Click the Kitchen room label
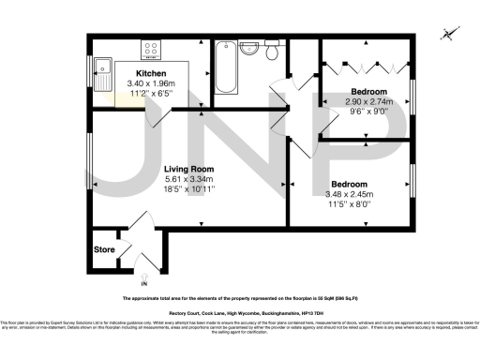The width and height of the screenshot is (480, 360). point(151,73)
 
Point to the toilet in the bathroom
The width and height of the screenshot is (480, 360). point(272,52)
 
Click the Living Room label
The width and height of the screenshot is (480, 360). point(190,170)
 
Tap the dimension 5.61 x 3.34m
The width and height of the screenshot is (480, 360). point(190,179)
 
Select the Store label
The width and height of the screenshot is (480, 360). point(103,250)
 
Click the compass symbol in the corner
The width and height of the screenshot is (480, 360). point(449,35)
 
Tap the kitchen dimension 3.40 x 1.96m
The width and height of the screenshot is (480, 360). point(151,83)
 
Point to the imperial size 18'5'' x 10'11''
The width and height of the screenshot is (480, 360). point(190,189)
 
